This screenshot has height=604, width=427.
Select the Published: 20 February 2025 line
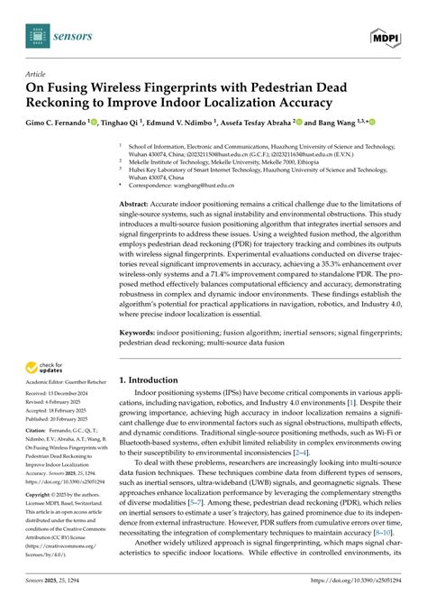[57, 420]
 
